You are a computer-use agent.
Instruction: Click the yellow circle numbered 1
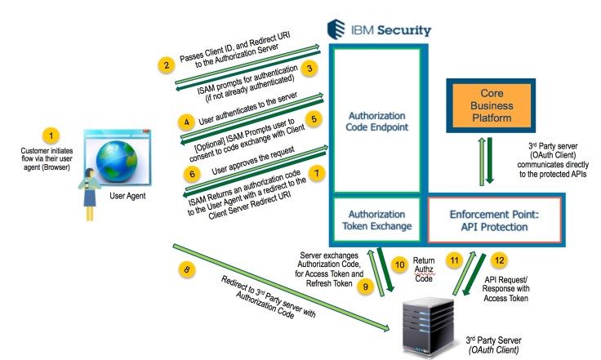coord(51,134)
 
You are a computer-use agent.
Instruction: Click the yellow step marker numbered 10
coord(399,264)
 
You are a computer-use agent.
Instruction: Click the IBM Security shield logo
coord(336,30)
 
